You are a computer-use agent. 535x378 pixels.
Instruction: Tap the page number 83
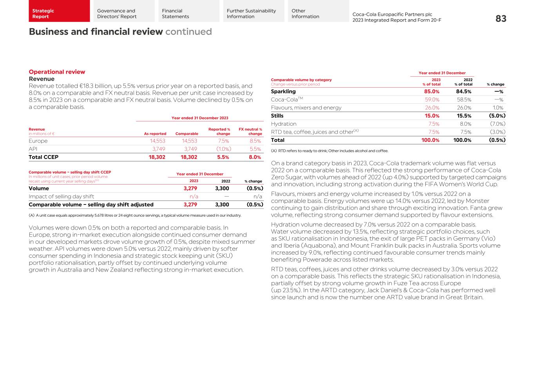pos(501,18)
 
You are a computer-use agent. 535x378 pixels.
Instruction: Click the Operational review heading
pos(57,72)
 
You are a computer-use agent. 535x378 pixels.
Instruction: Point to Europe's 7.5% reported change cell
pos(223,141)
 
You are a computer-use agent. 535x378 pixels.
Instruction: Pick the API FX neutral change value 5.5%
pos(255,149)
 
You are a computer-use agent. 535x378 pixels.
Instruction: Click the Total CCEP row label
pos(44,157)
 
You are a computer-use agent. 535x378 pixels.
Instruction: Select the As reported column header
pos(155,134)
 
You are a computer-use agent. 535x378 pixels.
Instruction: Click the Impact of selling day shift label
pos(62,197)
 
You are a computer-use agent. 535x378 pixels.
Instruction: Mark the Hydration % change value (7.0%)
pos(497,124)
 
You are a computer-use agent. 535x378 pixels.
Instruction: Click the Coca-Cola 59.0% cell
pos(432,100)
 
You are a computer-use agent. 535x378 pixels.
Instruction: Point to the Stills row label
pos(277,116)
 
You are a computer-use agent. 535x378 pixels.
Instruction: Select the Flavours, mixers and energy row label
pos(306,108)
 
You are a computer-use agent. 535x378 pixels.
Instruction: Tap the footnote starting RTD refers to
pos(330,151)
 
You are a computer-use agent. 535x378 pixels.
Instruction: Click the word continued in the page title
pos(189,32)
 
